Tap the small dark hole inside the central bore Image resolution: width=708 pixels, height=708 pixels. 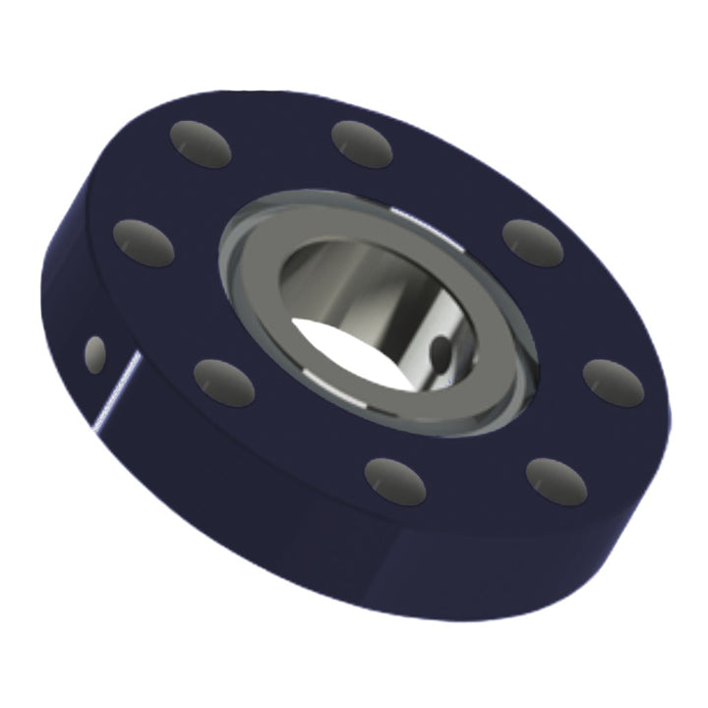[442, 352]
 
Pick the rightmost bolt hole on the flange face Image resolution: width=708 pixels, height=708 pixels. [613, 383]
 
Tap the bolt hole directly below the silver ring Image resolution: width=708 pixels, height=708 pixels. [394, 480]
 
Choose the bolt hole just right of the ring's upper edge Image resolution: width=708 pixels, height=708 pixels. [532, 243]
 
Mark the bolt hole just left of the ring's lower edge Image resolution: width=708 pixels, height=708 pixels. [224, 383]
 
